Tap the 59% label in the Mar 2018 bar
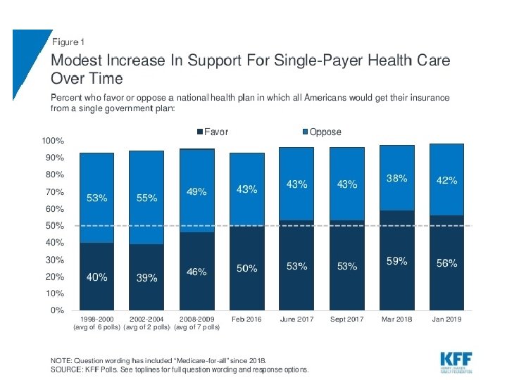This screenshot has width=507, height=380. [396, 260]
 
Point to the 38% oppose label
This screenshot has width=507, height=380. [396, 178]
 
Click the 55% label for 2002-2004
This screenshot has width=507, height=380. [146, 198]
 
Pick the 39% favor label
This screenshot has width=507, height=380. [146, 277]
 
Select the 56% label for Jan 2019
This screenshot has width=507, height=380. [446, 263]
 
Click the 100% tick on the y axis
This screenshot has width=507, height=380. [54, 141]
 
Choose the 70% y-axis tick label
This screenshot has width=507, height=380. [56, 191]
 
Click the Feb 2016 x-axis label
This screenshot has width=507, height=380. [246, 319]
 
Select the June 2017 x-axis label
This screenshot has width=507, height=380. [296, 319]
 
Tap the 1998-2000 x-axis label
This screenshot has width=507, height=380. [96, 319]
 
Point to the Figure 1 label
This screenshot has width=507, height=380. [69, 43]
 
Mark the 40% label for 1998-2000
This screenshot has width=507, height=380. [96, 277]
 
